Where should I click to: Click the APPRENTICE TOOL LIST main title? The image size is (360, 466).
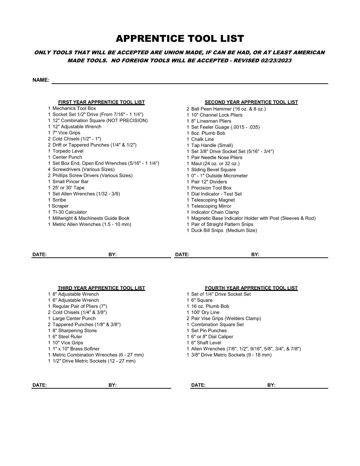point(180,38)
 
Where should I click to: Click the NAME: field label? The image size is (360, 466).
point(41,80)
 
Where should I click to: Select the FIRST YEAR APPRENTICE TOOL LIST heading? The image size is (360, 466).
point(101,102)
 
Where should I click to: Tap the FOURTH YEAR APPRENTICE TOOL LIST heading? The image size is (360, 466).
point(251,288)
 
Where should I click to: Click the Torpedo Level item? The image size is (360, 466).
point(68,151)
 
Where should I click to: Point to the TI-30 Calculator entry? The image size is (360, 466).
point(70,212)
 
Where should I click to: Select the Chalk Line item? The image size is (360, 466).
point(202,139)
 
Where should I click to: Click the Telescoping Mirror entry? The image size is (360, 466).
point(211,206)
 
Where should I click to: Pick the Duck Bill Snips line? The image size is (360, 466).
point(224,231)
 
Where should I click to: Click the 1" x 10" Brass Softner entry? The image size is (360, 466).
point(76,349)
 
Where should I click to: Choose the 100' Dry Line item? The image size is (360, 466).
point(205,312)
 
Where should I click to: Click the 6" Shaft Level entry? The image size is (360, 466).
point(206,343)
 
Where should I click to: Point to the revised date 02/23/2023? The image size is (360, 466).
point(276,61)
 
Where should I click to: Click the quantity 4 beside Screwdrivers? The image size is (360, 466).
point(49,169)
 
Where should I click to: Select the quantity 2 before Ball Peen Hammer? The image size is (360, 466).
point(188,109)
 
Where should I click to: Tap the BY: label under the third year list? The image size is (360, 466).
point(113,385)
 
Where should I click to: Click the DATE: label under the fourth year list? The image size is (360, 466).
point(198,385)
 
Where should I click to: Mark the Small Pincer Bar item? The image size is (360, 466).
point(70,182)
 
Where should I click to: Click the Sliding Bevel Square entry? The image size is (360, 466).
point(213,170)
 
